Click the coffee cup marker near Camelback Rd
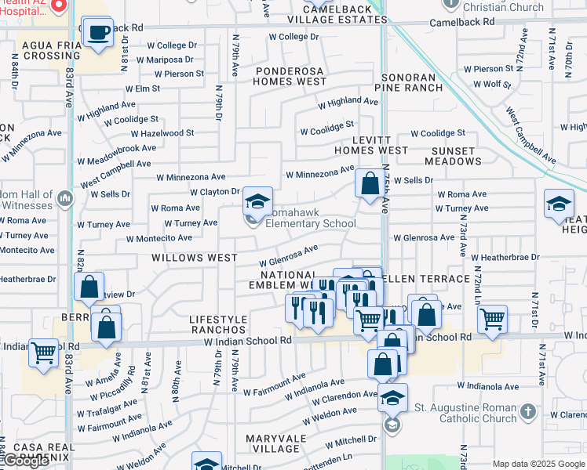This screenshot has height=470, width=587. [97, 34]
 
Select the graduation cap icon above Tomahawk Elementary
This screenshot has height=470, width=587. [257, 203]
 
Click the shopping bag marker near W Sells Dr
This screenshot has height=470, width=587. [369, 185]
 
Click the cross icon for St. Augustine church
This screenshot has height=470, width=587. [528, 411]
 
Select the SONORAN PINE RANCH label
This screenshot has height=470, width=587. [412, 83]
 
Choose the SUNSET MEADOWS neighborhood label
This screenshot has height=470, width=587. [464, 156]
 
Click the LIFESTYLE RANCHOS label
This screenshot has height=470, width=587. [218, 325]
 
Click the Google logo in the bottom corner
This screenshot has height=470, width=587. [25, 461]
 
